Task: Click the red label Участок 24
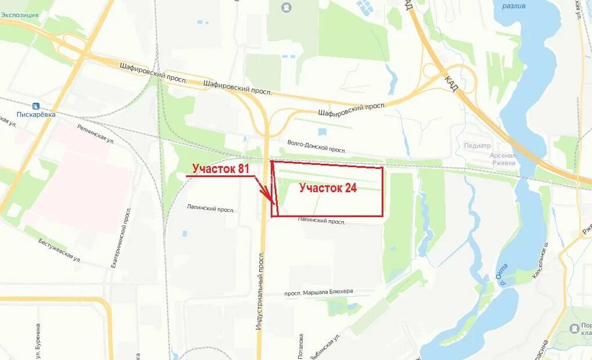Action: click(328, 188)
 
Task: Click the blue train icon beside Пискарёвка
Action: click(36, 106)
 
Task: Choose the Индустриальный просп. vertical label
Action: click(260, 290)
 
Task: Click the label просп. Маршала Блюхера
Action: click(318, 291)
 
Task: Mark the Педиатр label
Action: click(477, 146)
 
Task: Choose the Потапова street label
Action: click(301, 347)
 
